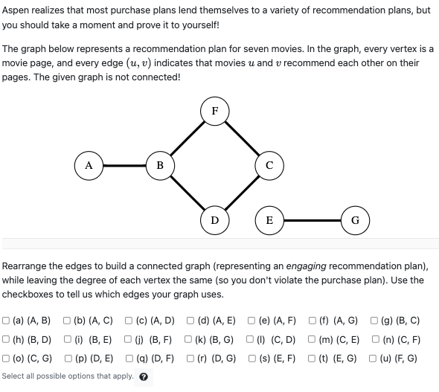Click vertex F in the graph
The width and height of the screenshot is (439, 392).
(x=214, y=111)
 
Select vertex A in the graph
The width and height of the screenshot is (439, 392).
(x=89, y=165)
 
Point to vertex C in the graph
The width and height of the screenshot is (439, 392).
(x=269, y=165)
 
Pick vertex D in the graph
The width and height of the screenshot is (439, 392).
(x=214, y=219)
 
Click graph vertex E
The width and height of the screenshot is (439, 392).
(x=269, y=219)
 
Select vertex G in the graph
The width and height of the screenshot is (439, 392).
(x=355, y=219)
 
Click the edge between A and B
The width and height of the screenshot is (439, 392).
(x=124, y=165)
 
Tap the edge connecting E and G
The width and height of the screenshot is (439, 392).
(x=312, y=219)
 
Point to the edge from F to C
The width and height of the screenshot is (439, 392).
(x=242, y=138)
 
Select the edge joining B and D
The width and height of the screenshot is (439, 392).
(x=187, y=192)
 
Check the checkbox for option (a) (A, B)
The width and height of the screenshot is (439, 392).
(x=7, y=321)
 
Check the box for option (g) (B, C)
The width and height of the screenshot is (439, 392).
(x=375, y=321)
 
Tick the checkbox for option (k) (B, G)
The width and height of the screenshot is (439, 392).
(x=190, y=340)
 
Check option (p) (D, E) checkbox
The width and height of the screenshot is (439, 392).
(x=69, y=358)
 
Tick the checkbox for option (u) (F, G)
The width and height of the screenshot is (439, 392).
(x=374, y=358)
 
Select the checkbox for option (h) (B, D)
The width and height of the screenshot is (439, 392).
(x=7, y=340)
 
